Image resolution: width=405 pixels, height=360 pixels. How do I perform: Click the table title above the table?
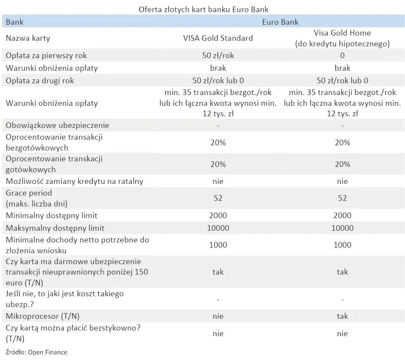point(203,9)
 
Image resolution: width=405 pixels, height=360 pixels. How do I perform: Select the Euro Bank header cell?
point(280,22)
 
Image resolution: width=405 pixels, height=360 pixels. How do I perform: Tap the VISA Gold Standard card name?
point(218,38)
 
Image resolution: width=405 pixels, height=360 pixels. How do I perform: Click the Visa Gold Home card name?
point(342,38)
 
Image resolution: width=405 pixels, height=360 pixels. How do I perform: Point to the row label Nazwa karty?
point(28,38)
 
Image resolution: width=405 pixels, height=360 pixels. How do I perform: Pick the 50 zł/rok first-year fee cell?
point(218,56)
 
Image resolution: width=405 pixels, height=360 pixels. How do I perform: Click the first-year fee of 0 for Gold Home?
point(342,56)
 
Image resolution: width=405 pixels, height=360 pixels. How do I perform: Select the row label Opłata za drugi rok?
point(40,81)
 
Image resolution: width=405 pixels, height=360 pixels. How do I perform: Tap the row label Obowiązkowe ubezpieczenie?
point(57,125)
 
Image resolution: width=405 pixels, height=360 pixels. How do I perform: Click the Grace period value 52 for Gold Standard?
point(218,198)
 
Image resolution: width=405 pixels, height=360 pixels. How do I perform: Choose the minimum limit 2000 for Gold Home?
point(342,216)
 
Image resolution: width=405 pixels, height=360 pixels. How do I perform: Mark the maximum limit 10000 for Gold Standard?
point(218,228)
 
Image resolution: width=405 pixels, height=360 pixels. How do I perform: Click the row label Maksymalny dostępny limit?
point(55,228)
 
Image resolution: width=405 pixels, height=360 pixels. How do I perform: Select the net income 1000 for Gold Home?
point(342,245)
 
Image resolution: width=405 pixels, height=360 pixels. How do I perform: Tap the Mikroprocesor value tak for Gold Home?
point(342,316)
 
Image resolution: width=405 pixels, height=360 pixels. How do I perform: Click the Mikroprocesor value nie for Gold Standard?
point(218,316)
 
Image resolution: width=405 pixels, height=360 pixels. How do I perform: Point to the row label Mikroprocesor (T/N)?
point(42,316)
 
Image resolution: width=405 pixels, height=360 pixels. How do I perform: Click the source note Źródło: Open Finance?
point(36,352)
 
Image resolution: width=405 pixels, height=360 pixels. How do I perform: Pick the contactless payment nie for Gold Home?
point(342,334)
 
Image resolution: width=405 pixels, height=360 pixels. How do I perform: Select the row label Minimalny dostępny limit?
point(51,216)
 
